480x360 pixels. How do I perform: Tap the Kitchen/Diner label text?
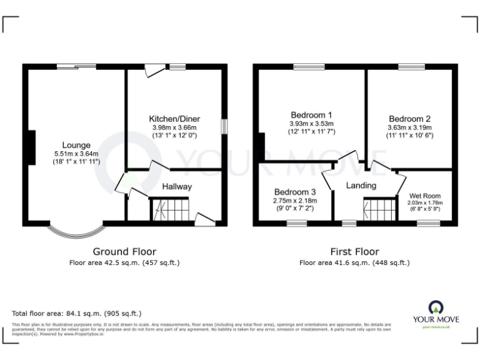pos(174,119)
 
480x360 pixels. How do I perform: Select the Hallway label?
pos(177,186)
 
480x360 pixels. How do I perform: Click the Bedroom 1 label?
pos(311,115)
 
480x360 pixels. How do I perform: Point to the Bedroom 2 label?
pos(409,119)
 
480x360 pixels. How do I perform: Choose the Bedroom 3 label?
pos(294,192)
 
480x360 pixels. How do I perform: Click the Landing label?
pos(361,186)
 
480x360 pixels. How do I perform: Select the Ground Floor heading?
pos(124,251)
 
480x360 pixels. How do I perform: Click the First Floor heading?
pos(354,251)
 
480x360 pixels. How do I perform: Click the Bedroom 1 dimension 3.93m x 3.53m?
pos(311,124)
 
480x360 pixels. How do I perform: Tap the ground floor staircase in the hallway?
pos(169,209)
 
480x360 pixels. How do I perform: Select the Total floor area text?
pos(77,313)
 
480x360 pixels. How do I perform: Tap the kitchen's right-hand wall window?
pos(223,126)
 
